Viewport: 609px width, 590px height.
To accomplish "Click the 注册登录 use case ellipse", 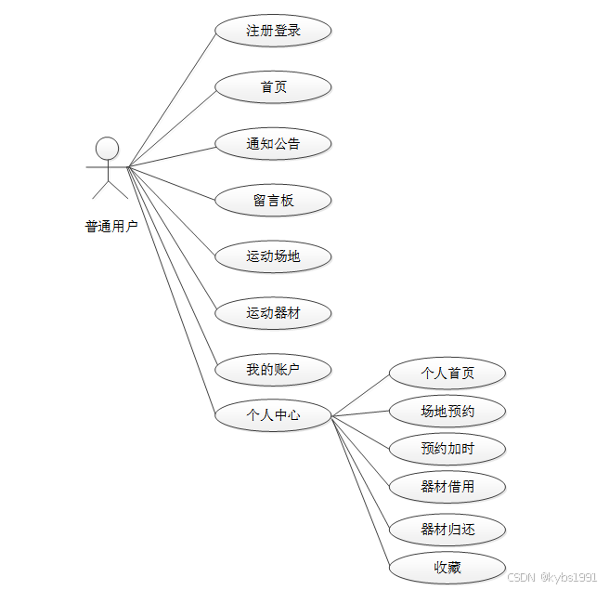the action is [x=273, y=31].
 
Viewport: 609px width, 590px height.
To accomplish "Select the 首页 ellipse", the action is [x=273, y=87].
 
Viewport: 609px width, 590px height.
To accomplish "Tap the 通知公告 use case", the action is [x=273, y=144].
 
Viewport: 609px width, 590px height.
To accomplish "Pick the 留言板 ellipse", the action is [x=273, y=201].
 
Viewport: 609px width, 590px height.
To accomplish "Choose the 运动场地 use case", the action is [x=273, y=256].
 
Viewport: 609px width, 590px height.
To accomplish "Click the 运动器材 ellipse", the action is [x=273, y=313].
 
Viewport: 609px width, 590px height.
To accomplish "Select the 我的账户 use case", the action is [x=273, y=370].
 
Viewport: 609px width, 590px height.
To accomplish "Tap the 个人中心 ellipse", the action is [x=273, y=415].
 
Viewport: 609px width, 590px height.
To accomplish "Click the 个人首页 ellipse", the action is [x=447, y=374].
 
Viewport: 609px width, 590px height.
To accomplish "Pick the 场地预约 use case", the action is [x=447, y=411].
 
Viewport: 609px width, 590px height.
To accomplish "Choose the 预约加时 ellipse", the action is [x=447, y=449].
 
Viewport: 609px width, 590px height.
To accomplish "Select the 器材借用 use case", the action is [x=447, y=486].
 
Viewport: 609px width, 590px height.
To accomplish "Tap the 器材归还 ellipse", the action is [x=447, y=530].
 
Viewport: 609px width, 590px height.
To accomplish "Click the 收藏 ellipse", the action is [x=447, y=568].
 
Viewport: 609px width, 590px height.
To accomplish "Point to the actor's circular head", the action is [x=108, y=148].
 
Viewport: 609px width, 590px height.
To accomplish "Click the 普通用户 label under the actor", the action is [x=111, y=227].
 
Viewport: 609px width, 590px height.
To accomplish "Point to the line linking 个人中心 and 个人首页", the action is [x=360, y=396].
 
